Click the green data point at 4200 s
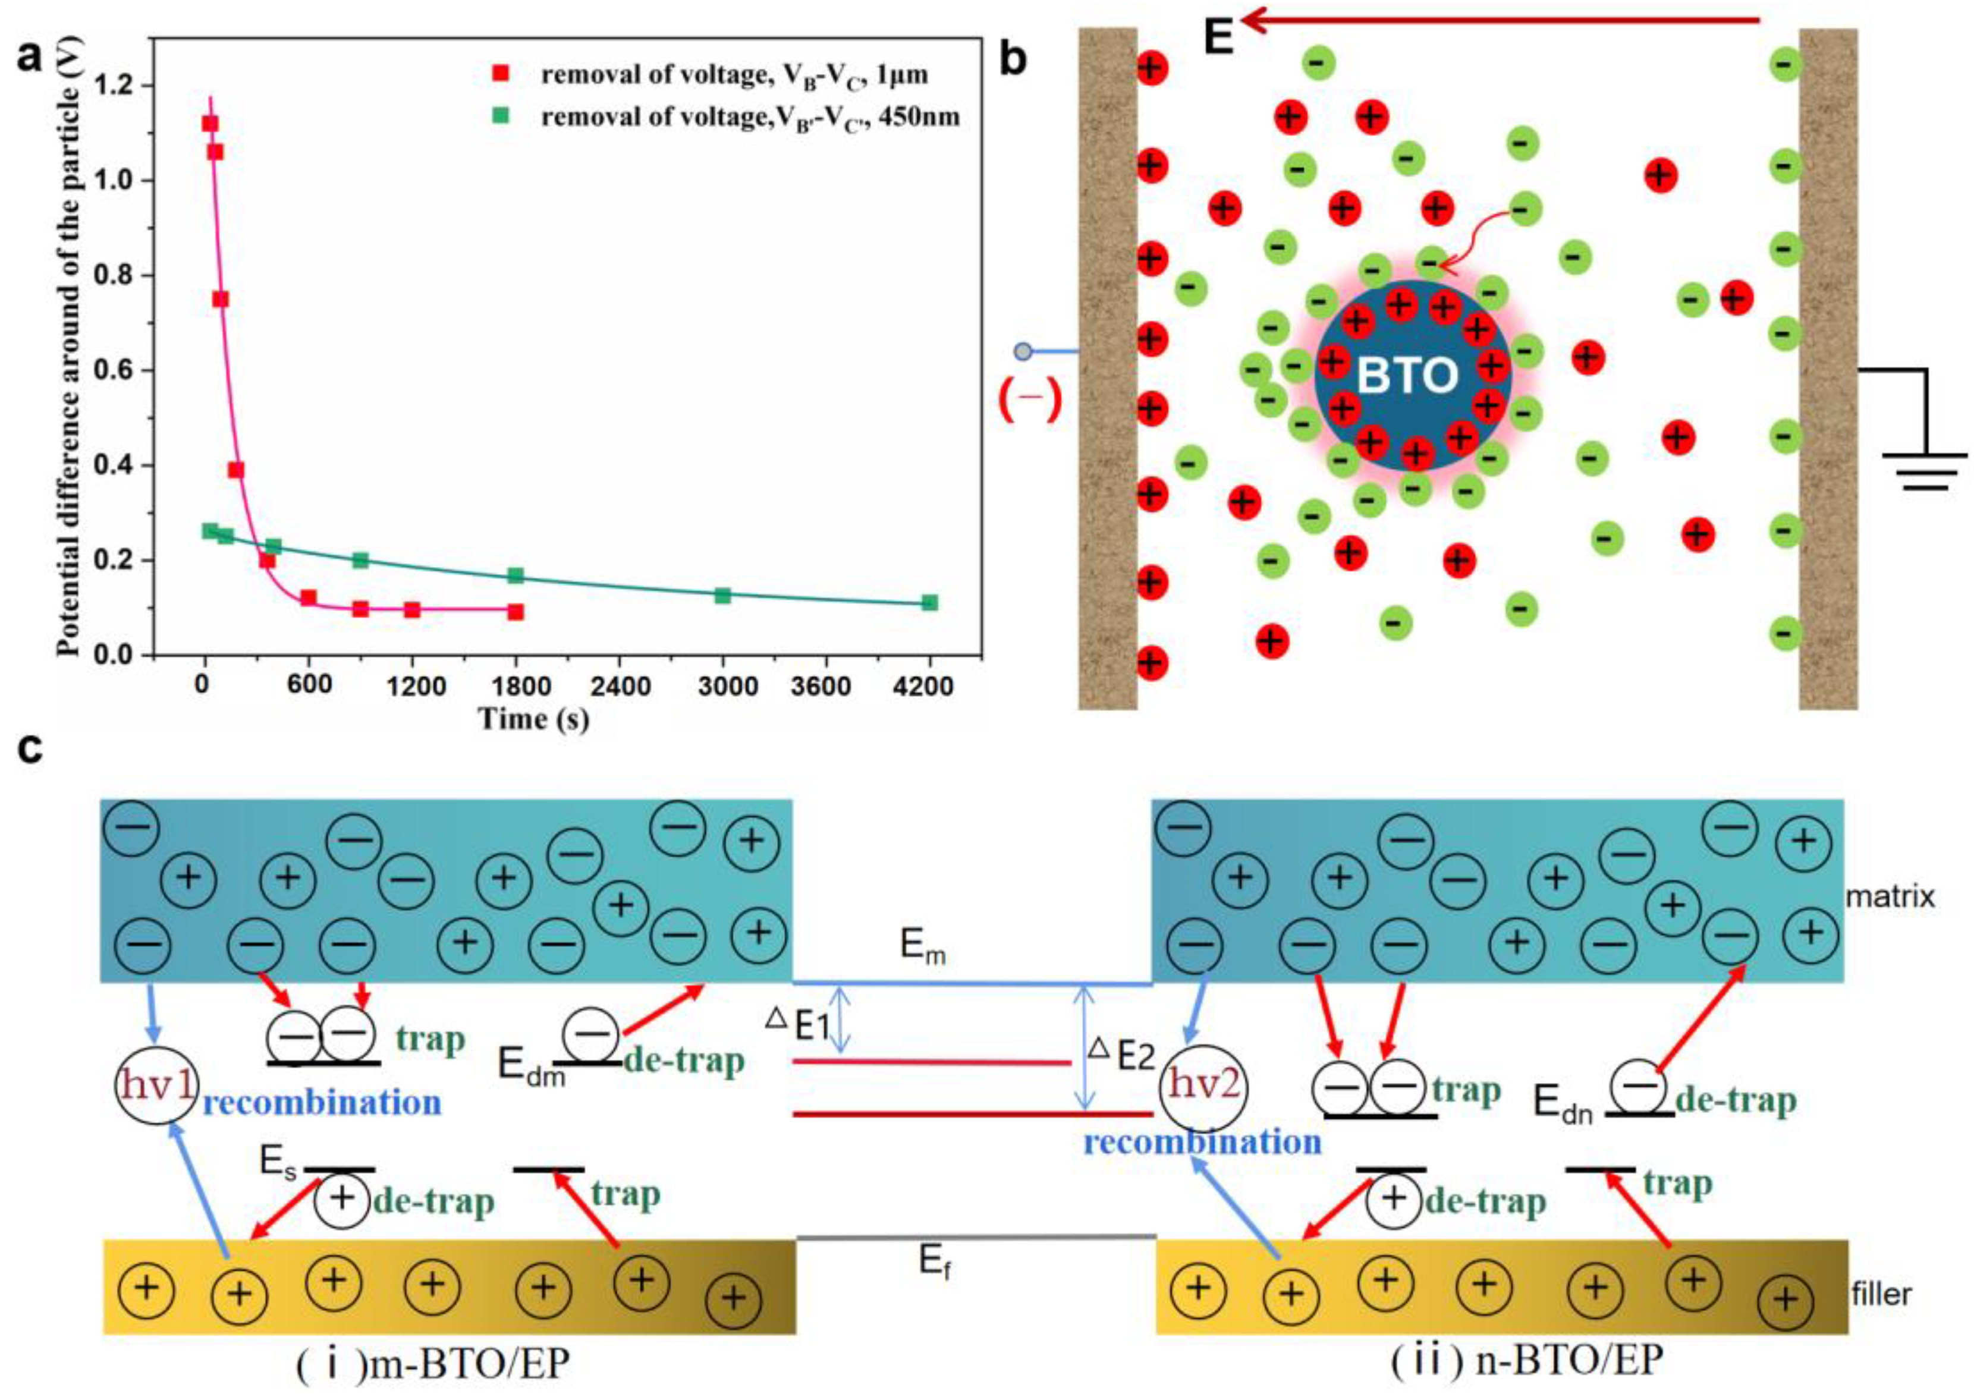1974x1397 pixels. tap(929, 602)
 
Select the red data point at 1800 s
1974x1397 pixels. tap(515, 612)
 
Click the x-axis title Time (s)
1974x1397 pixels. tap(533, 718)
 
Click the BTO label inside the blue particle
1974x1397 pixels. tap(1408, 375)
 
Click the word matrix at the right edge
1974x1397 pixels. tap(1890, 896)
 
